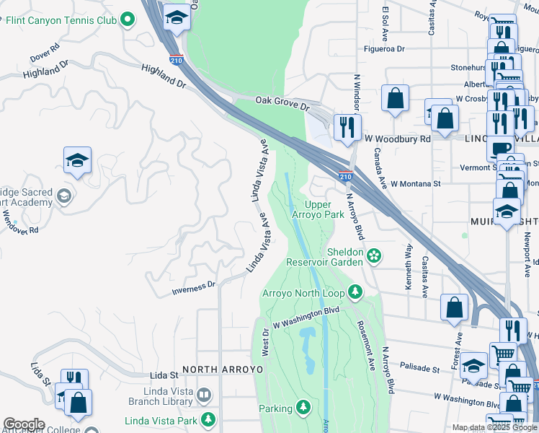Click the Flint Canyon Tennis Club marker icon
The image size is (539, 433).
[x=128, y=19]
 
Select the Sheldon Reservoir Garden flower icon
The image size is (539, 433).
[x=374, y=255]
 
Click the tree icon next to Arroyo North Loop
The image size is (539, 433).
[x=355, y=292]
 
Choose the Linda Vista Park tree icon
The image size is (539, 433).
[x=208, y=419]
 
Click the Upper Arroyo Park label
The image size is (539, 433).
[x=318, y=209]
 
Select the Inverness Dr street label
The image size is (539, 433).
[x=193, y=288]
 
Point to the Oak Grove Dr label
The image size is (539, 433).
[x=282, y=103]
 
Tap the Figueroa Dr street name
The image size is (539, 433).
[x=386, y=49]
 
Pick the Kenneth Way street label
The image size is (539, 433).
[x=409, y=267]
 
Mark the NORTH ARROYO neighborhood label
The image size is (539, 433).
[x=223, y=369]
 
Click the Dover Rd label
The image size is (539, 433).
[x=45, y=55]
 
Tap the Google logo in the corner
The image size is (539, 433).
[x=24, y=424]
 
